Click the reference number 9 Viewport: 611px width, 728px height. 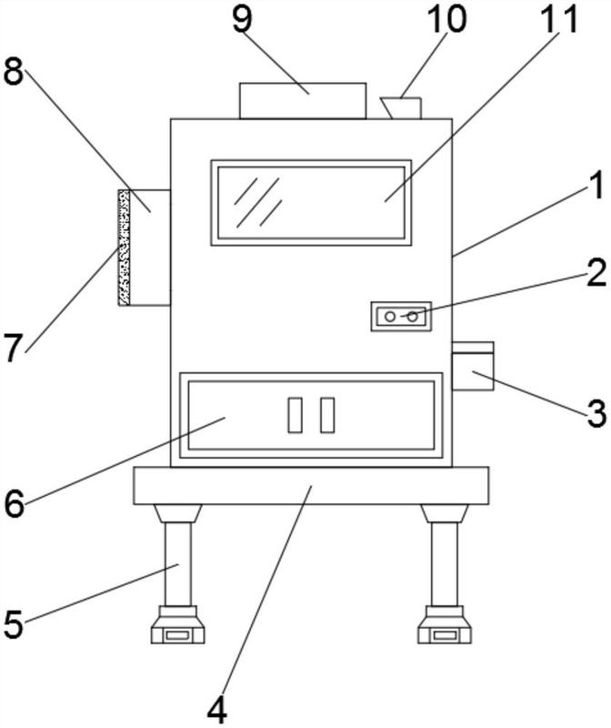[242, 20]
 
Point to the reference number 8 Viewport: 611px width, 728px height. [14, 73]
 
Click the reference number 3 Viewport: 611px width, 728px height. [596, 415]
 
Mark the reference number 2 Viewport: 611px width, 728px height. [596, 273]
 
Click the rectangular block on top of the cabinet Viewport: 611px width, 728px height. [302, 100]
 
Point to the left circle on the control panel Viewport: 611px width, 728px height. [390, 317]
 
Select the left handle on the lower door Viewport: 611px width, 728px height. [295, 415]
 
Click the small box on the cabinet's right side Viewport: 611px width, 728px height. [473, 366]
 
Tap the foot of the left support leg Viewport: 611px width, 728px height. [178, 630]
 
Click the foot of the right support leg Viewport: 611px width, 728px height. [445, 630]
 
